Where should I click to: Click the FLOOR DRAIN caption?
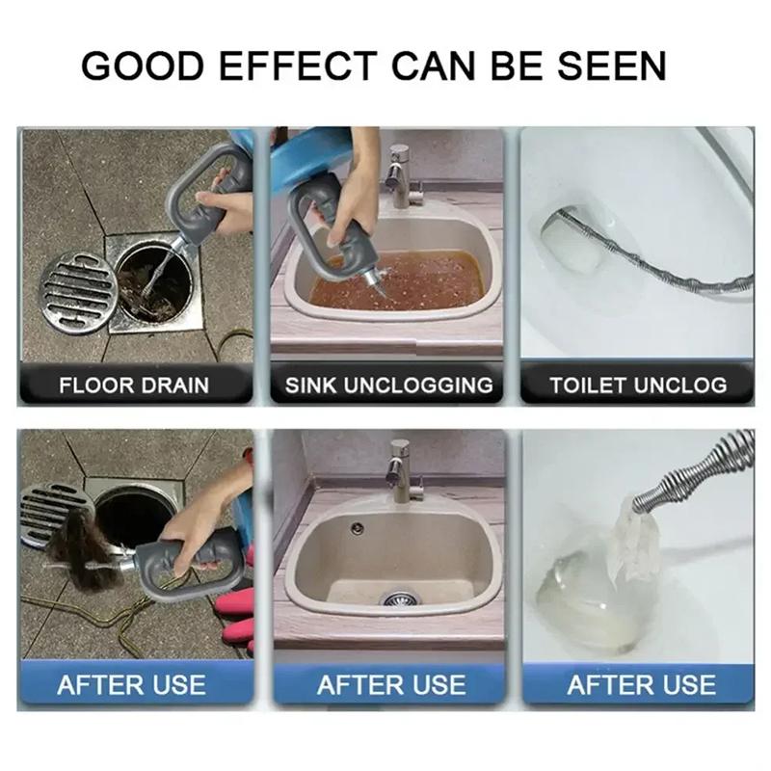(134, 385)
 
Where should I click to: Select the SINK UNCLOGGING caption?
(388, 385)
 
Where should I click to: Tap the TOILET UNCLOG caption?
(638, 385)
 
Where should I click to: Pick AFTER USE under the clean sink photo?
(390, 685)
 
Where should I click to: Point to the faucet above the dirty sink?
(396, 173)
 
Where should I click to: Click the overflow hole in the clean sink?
(358, 528)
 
